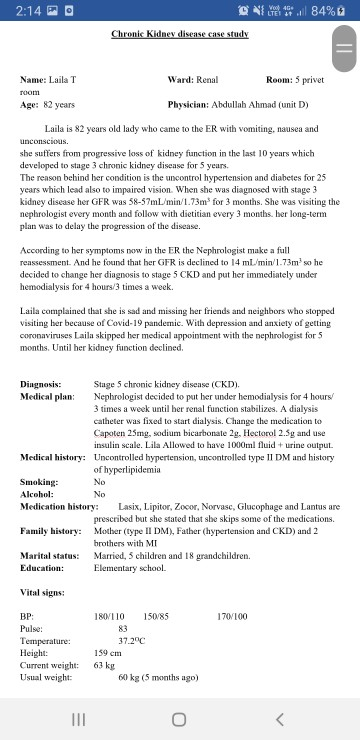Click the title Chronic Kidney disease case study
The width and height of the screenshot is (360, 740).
point(179,33)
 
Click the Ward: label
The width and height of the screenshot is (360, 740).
point(180,78)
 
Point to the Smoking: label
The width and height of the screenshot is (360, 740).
point(39,482)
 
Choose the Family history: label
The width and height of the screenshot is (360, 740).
point(50,530)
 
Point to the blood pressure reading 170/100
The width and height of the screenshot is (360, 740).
point(232,617)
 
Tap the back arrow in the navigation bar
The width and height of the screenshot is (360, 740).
point(281,719)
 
